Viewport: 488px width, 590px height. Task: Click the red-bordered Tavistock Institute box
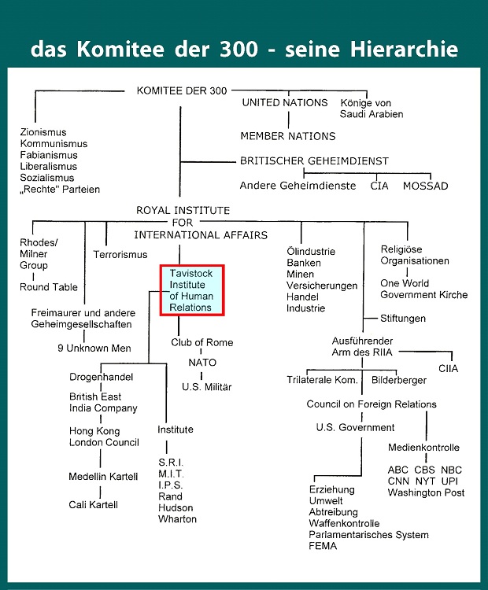(192, 290)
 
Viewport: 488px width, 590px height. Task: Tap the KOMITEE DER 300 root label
(182, 90)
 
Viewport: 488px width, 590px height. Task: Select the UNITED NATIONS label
(285, 103)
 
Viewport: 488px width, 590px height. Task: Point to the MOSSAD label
(426, 186)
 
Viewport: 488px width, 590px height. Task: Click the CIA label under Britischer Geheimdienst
(379, 186)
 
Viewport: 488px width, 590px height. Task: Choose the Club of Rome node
(201, 342)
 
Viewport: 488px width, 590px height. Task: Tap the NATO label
(202, 363)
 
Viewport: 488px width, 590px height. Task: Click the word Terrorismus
(120, 255)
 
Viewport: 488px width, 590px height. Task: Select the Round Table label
(49, 287)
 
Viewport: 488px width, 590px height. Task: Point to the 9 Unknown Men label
(94, 348)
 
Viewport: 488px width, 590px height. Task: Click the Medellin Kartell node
(103, 477)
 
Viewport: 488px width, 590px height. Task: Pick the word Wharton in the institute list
(177, 519)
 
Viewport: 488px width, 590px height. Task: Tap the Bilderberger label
(399, 381)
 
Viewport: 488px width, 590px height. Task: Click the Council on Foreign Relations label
(372, 404)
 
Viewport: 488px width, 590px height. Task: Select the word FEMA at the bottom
(323, 546)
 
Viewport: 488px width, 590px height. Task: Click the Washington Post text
(426, 492)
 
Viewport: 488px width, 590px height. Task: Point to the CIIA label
(448, 368)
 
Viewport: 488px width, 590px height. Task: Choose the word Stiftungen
(403, 319)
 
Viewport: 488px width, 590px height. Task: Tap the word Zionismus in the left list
(43, 132)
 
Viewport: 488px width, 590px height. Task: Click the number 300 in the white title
(239, 50)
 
